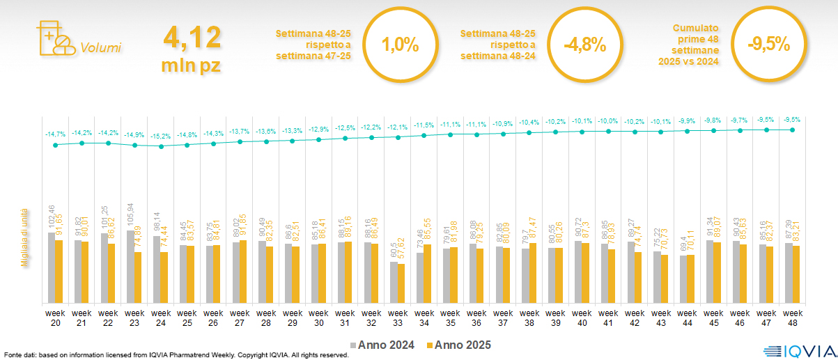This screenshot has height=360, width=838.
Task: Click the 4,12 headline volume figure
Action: click(192, 36)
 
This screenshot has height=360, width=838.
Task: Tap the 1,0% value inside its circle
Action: click(401, 46)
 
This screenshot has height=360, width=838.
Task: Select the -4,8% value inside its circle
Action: click(584, 46)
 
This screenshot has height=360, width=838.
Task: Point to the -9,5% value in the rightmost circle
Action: click(768, 45)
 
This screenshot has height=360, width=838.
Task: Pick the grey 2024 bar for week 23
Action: click(130, 267)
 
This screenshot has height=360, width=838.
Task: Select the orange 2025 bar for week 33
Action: click(401, 283)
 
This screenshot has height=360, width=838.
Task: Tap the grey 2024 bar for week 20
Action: click(52, 267)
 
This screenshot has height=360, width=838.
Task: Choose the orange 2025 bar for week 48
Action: click(796, 274)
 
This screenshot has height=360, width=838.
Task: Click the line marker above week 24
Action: click(161, 146)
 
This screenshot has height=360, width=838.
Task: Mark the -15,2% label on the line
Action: click(161, 136)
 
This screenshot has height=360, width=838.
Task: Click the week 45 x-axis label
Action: click(713, 318)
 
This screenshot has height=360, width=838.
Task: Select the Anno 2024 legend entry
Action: click(382, 345)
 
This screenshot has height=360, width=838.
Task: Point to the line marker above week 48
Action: click(792, 130)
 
